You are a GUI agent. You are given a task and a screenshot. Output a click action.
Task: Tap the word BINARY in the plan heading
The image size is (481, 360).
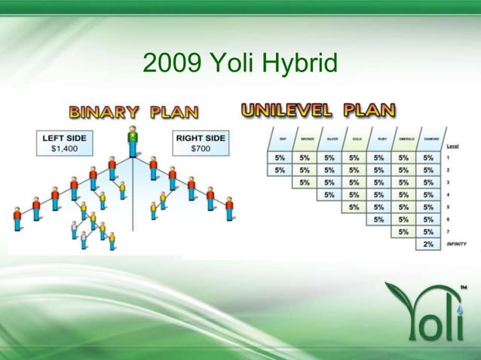[105, 113]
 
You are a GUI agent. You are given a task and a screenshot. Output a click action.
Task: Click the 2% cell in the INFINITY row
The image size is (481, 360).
[428, 244]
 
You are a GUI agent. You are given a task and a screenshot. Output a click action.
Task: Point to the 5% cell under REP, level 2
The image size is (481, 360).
[280, 170]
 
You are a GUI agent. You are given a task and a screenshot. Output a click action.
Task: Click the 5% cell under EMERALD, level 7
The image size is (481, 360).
[403, 232]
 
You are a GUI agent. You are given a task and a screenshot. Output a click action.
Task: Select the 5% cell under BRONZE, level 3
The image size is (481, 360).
[305, 182]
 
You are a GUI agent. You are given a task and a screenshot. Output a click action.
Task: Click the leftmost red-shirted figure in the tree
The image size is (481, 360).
[17, 218]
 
